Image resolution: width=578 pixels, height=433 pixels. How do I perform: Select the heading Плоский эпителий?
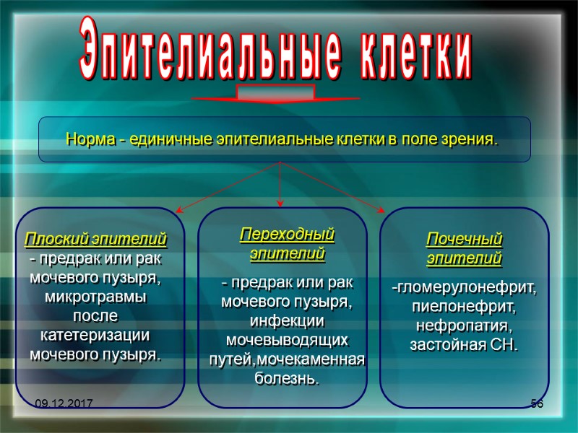point(96,238)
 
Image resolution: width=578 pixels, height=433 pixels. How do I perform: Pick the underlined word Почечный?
point(464,239)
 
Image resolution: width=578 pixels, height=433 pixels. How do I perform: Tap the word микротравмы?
point(95,297)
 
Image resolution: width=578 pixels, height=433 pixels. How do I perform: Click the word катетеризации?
point(95,336)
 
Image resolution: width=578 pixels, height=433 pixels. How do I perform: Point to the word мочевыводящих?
point(287,339)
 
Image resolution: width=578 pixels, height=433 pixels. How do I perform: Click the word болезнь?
point(287,378)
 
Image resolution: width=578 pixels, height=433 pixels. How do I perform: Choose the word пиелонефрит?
point(464,307)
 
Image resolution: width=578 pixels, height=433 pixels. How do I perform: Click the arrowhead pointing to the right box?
point(381,210)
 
